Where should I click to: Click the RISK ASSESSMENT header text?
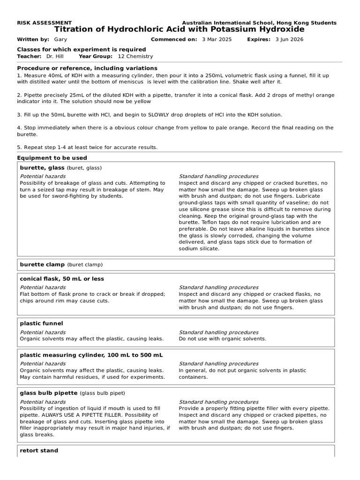[44, 22]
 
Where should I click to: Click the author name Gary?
[60, 39]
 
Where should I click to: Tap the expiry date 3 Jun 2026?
[289, 39]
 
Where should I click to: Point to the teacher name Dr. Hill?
[55, 56]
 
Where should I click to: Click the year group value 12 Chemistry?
[135, 56]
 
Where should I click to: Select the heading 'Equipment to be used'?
[52, 158]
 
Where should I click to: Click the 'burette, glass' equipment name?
[42, 167]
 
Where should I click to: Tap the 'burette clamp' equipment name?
[42, 264]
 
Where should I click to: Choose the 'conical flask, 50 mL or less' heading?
[62, 279]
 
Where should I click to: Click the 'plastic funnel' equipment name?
[41, 323]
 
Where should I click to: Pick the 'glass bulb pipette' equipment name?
[49, 393]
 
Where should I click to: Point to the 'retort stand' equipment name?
[39, 450]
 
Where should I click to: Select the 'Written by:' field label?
[33, 39]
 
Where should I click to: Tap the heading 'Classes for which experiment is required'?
[81, 50]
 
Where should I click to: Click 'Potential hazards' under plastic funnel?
[43, 332]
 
